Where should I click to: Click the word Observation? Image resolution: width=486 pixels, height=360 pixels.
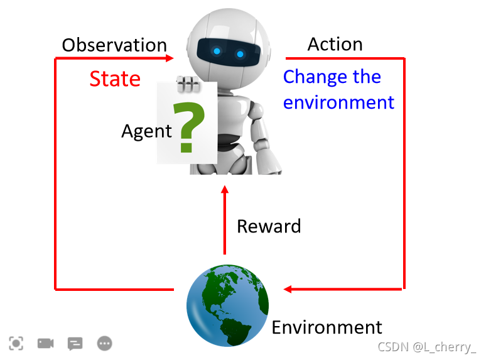(x=114, y=45)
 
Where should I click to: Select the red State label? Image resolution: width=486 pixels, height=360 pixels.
(x=114, y=79)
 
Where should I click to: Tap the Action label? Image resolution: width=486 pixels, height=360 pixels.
(x=335, y=44)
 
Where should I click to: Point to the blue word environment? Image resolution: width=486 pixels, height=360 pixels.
(x=338, y=102)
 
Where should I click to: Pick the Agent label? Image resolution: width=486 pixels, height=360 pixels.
(x=146, y=131)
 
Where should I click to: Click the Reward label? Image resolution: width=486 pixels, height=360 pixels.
(x=269, y=226)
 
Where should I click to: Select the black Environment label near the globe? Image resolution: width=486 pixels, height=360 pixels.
(x=327, y=327)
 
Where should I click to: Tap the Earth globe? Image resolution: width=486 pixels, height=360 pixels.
(x=227, y=305)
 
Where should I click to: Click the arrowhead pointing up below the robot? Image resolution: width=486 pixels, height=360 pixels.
(x=225, y=190)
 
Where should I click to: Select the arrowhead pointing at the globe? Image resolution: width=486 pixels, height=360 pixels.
(x=289, y=290)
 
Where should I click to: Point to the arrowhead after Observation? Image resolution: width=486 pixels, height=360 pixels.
(x=170, y=58)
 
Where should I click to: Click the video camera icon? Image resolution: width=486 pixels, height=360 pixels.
(x=45, y=343)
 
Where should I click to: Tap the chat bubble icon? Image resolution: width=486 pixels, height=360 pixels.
(x=75, y=343)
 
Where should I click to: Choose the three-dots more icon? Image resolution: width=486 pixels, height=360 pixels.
(x=104, y=343)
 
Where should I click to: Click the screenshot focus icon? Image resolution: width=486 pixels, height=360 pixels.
(x=16, y=343)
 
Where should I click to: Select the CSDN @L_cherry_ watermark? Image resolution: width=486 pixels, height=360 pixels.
(x=427, y=347)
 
